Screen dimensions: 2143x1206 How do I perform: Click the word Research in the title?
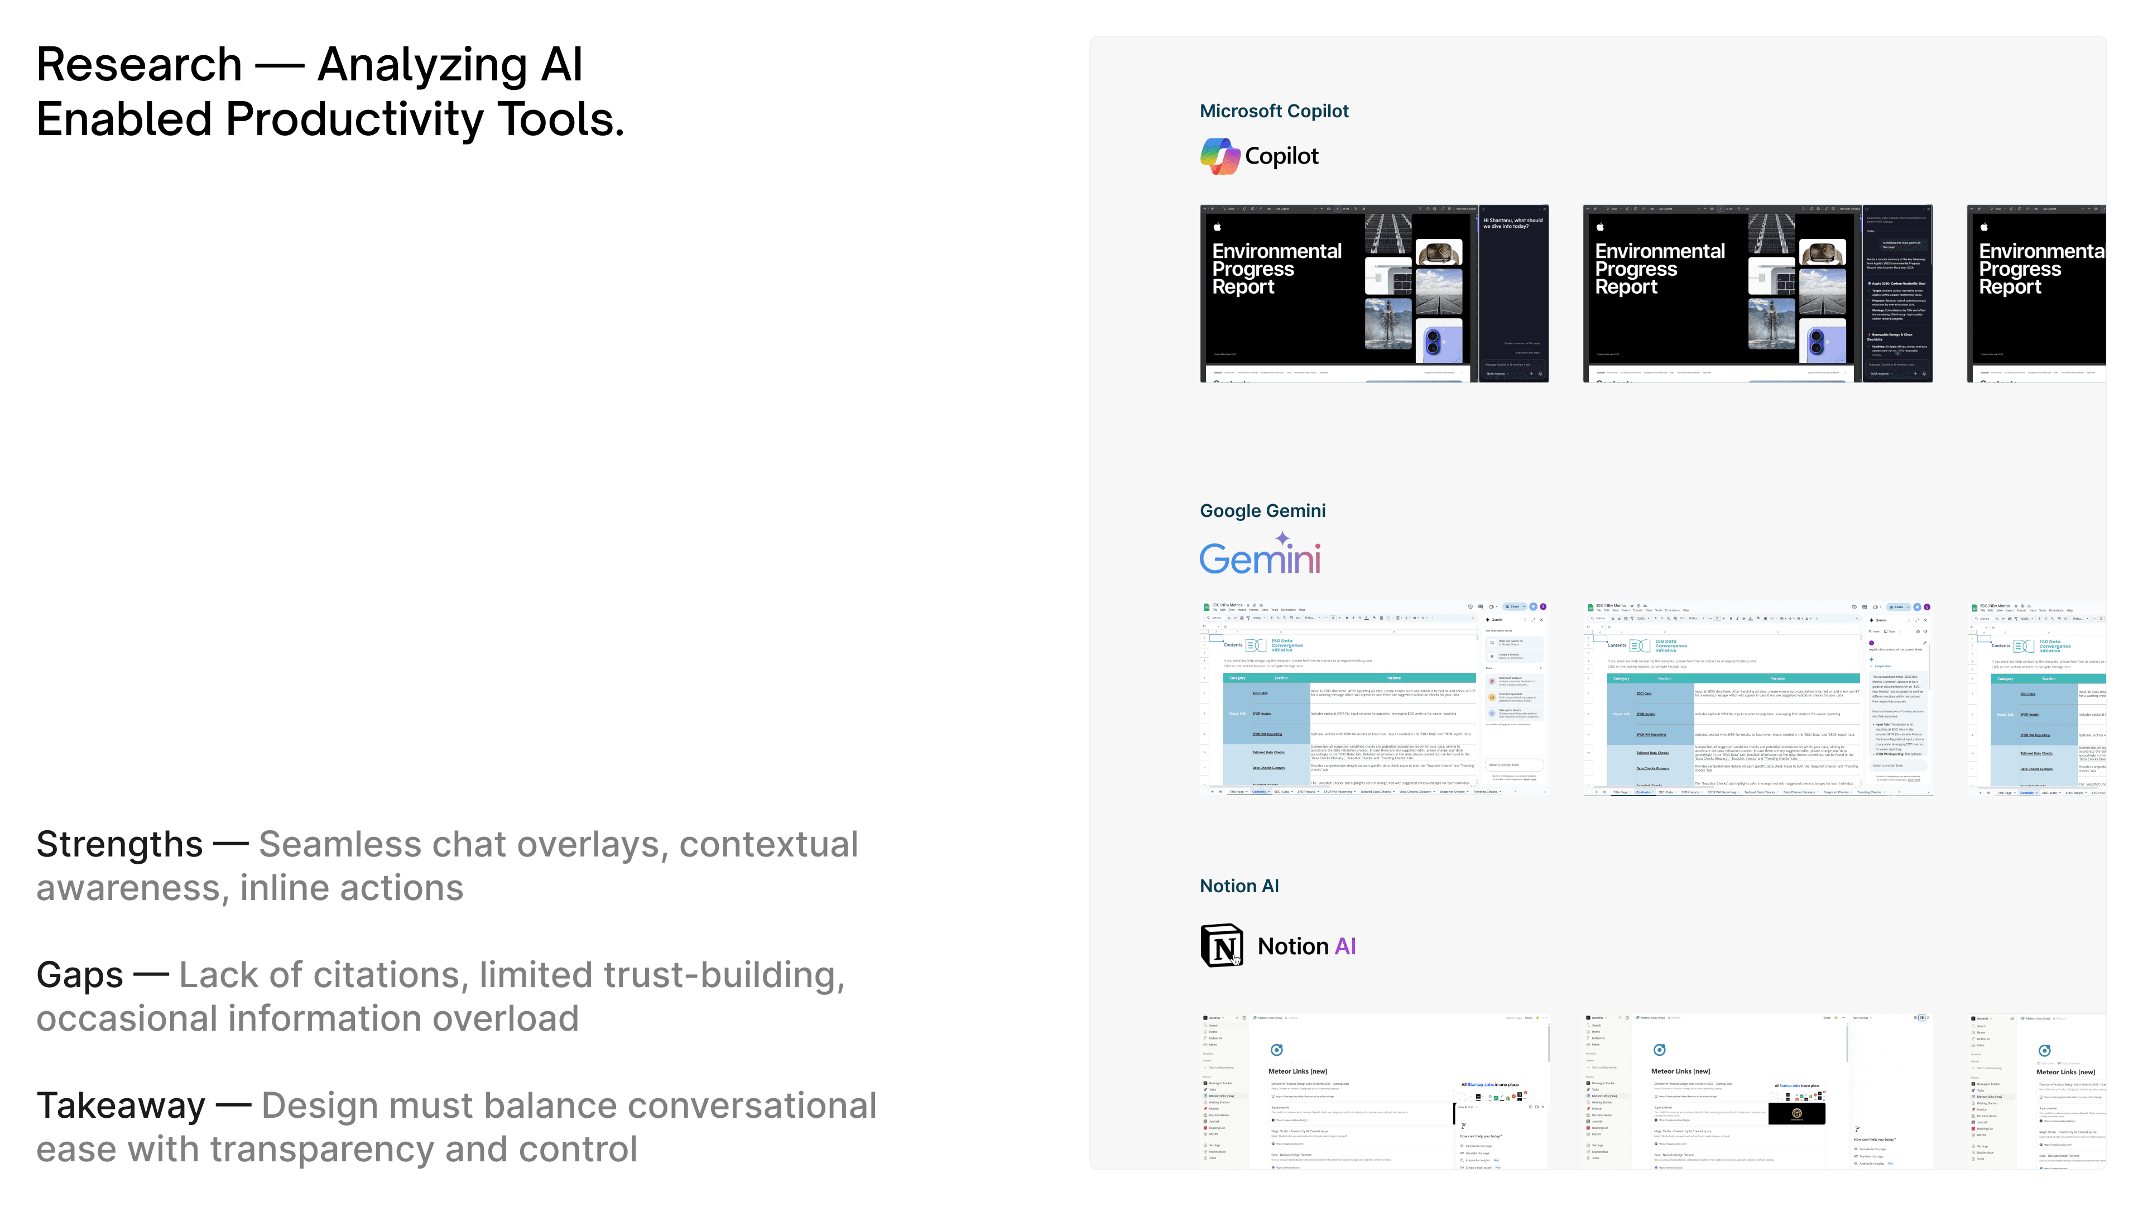coord(139,65)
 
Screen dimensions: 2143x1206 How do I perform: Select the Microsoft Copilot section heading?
coord(1274,111)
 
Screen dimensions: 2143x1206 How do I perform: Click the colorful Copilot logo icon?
coord(1219,156)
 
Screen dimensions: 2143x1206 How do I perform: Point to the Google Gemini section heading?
coord(1262,511)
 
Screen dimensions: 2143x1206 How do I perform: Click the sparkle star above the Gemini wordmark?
coord(1283,538)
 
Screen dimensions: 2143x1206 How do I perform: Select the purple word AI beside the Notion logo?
coord(1345,946)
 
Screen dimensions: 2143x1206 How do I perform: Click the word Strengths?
coord(119,845)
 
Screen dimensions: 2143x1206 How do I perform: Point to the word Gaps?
coord(80,975)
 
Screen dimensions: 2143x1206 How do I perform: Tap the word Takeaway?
coord(121,1106)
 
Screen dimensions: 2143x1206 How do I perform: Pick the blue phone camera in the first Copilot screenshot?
coord(1433,341)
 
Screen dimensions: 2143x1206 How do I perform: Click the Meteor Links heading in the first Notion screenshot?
coord(1297,1072)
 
